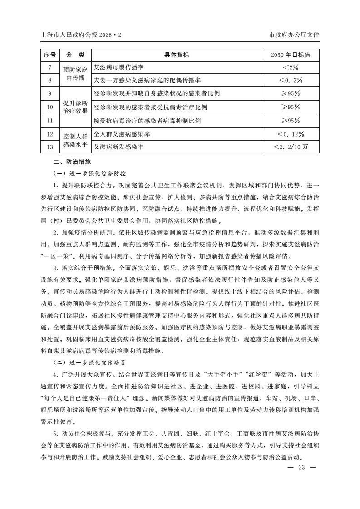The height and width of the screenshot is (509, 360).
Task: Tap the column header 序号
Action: (49, 55)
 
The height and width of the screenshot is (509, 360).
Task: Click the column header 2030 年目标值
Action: (290, 55)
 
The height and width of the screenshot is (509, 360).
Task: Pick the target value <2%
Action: (290, 68)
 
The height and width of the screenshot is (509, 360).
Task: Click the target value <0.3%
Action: (290, 80)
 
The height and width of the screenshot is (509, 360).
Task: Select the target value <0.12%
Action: (290, 134)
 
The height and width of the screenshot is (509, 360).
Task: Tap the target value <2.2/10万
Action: (290, 147)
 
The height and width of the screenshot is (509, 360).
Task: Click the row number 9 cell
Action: (49, 93)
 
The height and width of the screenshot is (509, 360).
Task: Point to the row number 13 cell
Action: (49, 147)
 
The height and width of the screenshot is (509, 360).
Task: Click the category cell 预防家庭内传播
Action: (75, 74)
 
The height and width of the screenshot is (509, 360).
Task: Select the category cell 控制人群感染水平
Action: (75, 141)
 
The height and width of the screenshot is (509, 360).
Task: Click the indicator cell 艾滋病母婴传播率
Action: (118, 68)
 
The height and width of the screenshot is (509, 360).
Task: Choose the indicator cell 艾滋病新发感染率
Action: (118, 147)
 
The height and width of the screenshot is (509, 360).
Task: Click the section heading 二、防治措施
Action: (69, 161)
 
